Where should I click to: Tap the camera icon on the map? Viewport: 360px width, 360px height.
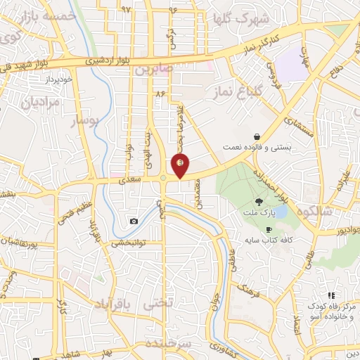pyautogui.click(x=134, y=221)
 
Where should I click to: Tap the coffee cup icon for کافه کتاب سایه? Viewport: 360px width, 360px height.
pyautogui.click(x=269, y=230)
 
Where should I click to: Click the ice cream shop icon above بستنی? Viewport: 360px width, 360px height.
pyautogui.click(x=258, y=137)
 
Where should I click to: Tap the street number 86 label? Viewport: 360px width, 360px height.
pyautogui.click(x=160, y=92)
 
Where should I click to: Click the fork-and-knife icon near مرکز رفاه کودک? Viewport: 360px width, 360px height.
pyautogui.click(x=331, y=295)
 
